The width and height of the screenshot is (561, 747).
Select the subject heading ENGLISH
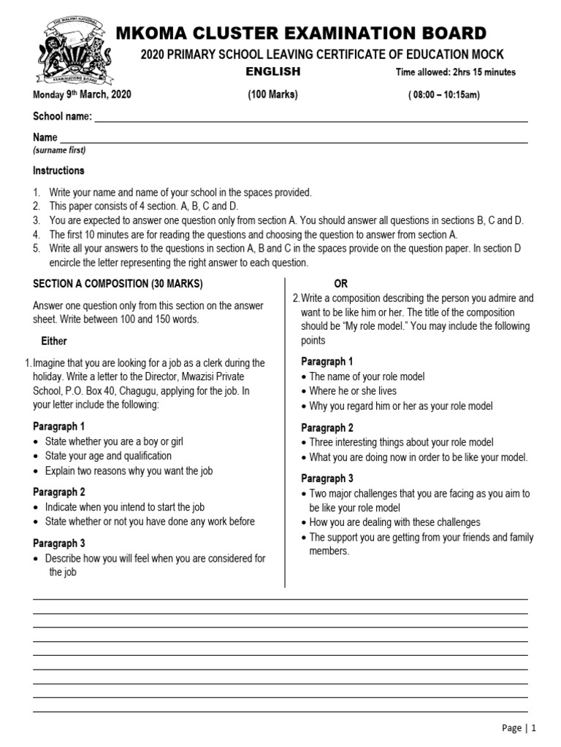click(272, 71)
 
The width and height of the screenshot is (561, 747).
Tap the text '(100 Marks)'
click(273, 95)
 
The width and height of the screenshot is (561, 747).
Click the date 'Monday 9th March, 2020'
click(82, 95)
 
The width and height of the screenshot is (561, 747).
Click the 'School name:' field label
click(62, 117)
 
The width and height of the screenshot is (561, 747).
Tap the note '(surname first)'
click(59, 150)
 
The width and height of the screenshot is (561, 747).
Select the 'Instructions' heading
click(58, 171)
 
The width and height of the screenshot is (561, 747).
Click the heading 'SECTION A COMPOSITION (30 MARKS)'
click(118, 283)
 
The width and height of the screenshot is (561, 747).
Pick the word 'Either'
click(54, 341)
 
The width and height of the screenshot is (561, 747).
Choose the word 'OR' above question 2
click(340, 284)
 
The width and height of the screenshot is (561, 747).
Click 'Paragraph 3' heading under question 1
click(59, 543)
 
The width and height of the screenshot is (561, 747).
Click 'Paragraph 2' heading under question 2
click(327, 427)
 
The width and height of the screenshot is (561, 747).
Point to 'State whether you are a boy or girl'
click(114, 441)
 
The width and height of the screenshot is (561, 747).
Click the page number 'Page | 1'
click(519, 727)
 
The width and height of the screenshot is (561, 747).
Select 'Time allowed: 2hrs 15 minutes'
click(455, 72)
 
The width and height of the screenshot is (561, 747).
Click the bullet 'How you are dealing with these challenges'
click(394, 522)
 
